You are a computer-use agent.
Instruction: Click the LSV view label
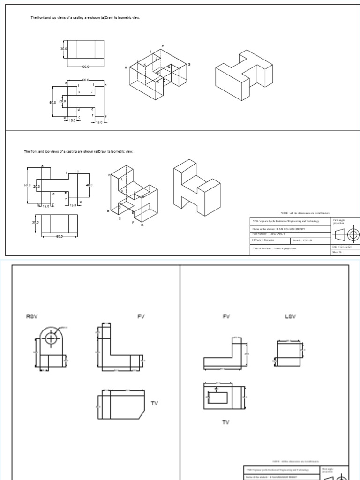(x=291, y=317)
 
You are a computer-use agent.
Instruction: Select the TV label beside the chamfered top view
(x=155, y=403)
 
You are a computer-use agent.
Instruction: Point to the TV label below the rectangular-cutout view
(x=225, y=422)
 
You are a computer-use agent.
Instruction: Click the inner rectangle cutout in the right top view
(x=218, y=397)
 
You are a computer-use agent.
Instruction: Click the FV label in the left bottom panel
(x=141, y=317)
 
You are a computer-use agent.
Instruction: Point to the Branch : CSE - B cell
(x=302, y=240)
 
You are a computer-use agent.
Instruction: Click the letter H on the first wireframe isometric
(x=163, y=46)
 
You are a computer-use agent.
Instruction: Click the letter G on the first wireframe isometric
(x=189, y=64)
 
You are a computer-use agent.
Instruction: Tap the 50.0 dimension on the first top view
(x=52, y=102)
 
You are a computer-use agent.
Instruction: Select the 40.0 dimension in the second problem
(x=90, y=185)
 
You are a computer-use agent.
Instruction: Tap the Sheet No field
(x=338, y=252)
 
